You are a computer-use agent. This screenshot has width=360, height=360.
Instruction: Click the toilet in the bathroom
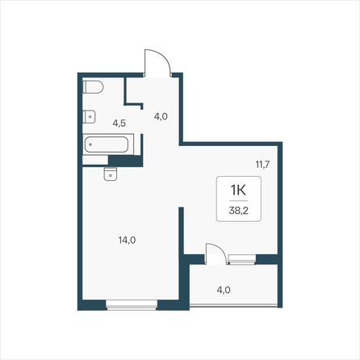93,87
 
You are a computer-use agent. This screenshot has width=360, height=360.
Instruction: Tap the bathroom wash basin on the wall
89,117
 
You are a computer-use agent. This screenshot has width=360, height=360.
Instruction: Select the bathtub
108,144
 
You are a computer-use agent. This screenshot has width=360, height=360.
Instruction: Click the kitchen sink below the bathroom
111,174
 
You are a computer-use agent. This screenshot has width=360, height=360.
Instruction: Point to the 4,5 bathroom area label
119,123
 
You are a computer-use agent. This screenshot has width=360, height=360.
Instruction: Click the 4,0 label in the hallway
161,116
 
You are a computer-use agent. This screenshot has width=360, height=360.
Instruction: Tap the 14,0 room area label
127,240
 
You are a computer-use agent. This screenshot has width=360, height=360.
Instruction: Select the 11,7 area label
262,164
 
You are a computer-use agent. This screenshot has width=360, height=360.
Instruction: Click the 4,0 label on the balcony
224,290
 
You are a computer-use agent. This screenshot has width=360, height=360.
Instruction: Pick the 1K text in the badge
238,190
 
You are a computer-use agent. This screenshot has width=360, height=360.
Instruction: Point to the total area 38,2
238,211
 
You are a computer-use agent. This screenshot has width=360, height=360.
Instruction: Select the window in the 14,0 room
132,305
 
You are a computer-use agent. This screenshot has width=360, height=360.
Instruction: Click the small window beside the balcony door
242,259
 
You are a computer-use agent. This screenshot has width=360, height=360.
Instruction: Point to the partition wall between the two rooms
182,231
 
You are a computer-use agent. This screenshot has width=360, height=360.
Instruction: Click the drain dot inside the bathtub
90,144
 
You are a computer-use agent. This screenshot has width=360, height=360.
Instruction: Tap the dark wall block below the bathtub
125,161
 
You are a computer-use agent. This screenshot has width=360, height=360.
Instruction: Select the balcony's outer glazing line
233,305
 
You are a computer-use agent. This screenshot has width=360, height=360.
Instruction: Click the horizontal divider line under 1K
239,201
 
